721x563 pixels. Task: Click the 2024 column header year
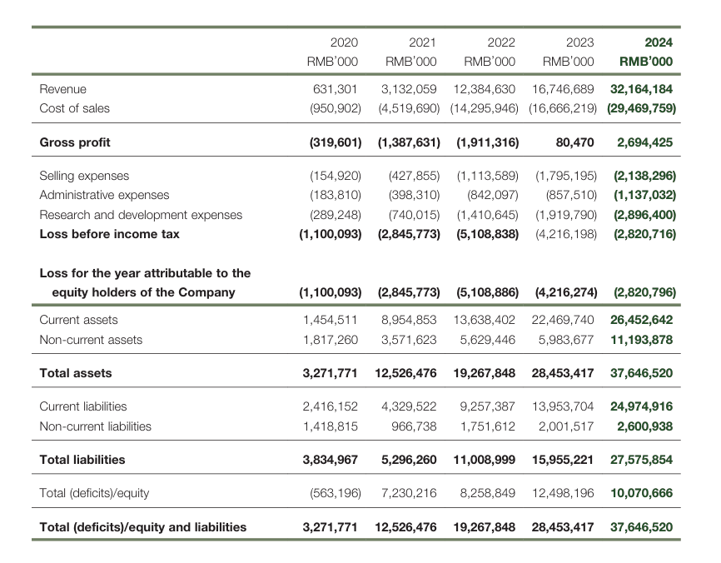click(659, 42)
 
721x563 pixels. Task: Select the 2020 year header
click(344, 42)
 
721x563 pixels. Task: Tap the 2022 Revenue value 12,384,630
click(485, 89)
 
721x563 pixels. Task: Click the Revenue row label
click(63, 89)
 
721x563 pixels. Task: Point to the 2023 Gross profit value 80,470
click(574, 142)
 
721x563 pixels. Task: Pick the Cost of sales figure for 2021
click(409, 108)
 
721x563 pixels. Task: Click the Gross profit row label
click(75, 142)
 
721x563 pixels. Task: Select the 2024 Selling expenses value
click(644, 176)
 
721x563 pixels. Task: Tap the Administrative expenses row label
click(104, 195)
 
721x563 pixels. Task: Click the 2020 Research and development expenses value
click(336, 215)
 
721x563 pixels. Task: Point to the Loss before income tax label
click(109, 234)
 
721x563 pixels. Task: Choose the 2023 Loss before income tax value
click(566, 234)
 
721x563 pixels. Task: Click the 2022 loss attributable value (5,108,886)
click(487, 292)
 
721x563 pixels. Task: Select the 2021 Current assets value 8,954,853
click(409, 320)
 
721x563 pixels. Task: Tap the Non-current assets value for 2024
click(641, 340)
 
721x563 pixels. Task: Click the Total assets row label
click(76, 373)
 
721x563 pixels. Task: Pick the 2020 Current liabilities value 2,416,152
click(331, 406)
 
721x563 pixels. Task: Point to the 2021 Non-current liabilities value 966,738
click(414, 426)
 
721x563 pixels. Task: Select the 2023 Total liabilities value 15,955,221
click(563, 460)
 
